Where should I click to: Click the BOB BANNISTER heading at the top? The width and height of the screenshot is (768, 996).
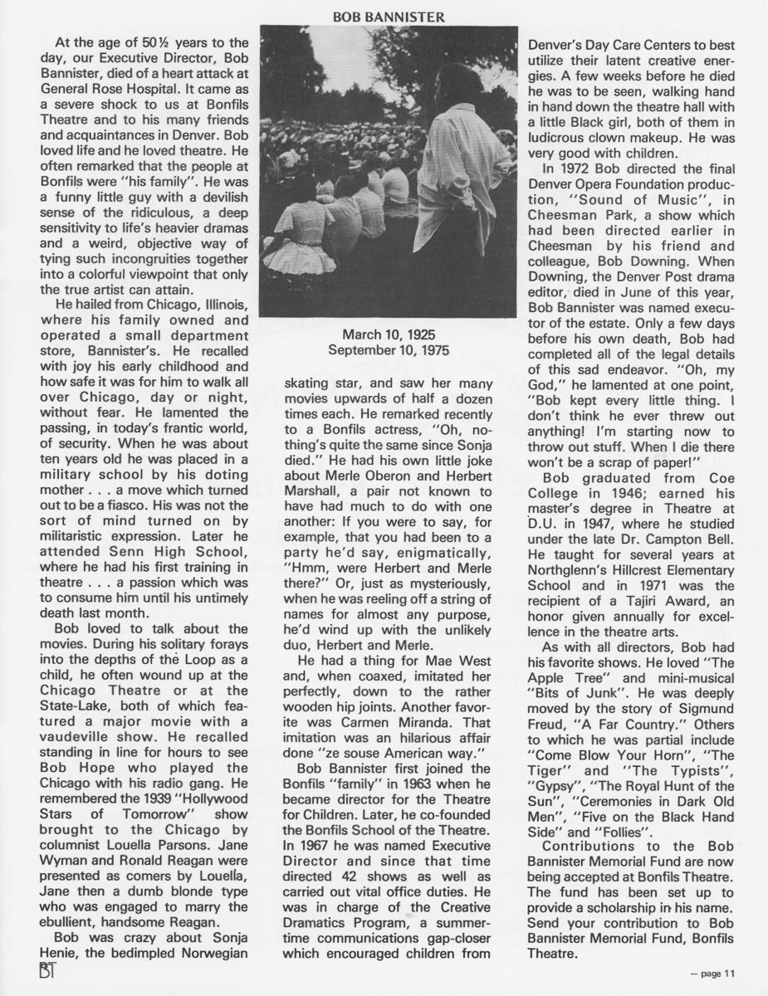pos(384,15)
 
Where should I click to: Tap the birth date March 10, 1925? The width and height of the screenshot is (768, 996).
pos(384,335)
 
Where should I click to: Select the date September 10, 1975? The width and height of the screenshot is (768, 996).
pos(384,350)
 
